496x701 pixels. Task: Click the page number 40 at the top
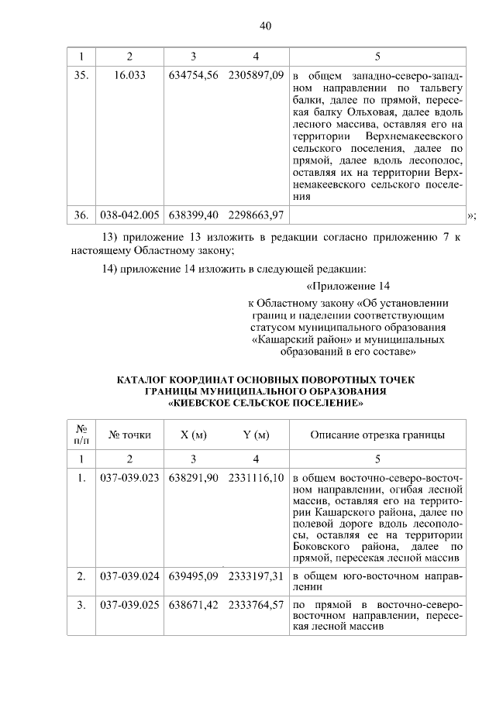pos(265,26)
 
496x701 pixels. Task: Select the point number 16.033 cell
pos(129,77)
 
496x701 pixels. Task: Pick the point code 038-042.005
pos(129,214)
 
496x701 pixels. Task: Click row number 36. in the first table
pos(80,214)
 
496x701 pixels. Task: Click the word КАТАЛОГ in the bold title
pos(149,380)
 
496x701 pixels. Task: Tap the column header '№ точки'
pos(129,435)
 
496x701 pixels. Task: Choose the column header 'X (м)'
pos(193,435)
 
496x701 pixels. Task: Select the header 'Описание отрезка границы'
pos(377,435)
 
